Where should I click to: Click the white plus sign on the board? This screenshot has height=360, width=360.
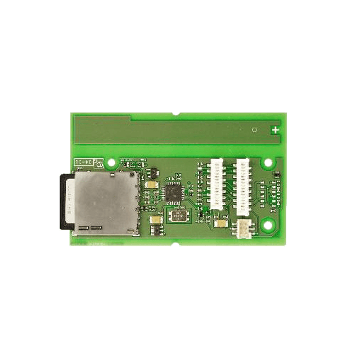click(x=275, y=130)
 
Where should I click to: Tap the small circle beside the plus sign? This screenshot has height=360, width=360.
click(x=254, y=130)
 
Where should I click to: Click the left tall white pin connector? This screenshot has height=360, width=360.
click(x=216, y=184)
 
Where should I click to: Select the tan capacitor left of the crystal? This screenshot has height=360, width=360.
click(x=155, y=220)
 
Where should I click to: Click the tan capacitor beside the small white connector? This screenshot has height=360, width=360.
click(x=221, y=223)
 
